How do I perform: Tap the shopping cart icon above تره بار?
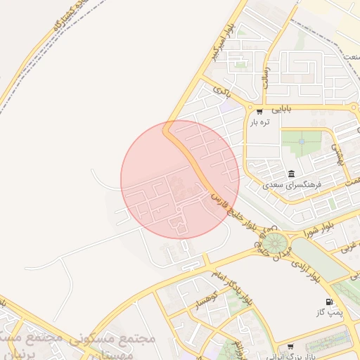click(x=259, y=112)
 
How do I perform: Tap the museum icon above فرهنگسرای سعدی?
click(x=291, y=174)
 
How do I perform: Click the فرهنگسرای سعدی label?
click(x=291, y=186)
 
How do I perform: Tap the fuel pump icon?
click(x=330, y=303)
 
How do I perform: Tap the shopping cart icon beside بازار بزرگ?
click(x=290, y=347)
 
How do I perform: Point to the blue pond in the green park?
click(x=302, y=141)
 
